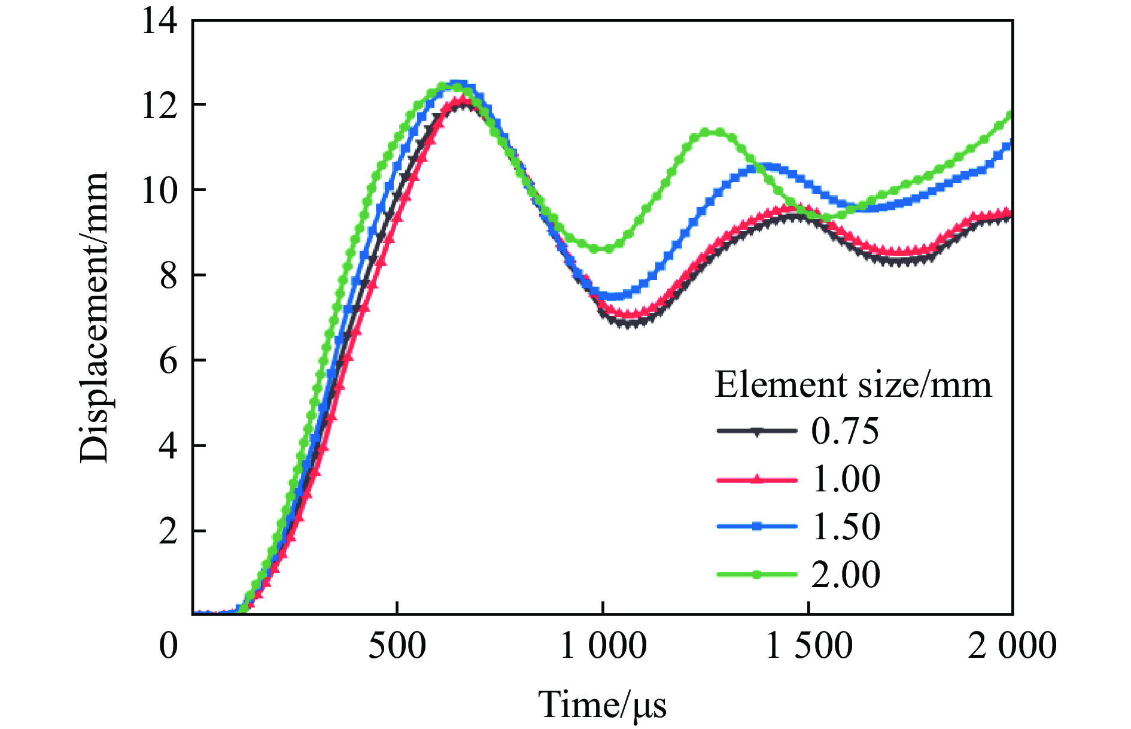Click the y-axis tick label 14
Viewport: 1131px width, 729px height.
(159, 22)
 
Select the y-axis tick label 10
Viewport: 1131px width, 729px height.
(159, 190)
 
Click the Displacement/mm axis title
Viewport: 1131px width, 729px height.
(94, 317)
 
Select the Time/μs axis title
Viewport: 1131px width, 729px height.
(602, 704)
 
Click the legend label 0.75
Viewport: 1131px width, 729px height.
(845, 431)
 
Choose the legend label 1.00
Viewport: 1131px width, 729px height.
(846, 479)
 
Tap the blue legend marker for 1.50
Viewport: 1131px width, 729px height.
(757, 527)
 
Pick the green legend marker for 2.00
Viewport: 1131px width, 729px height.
(757, 575)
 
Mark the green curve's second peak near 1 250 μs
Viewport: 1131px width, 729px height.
(712, 132)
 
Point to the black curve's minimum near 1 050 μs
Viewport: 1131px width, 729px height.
(628, 323)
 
